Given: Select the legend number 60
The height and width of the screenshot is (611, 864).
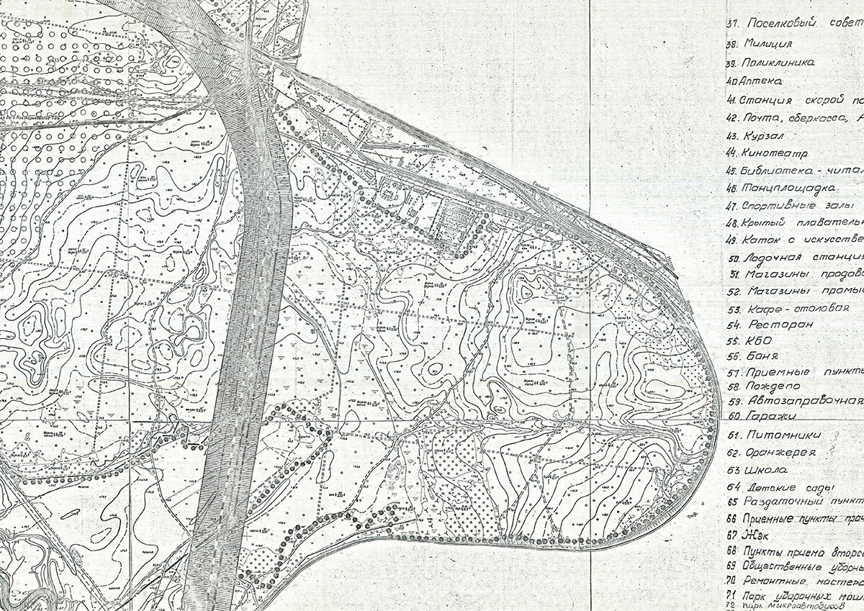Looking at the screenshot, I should pos(734,415).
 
